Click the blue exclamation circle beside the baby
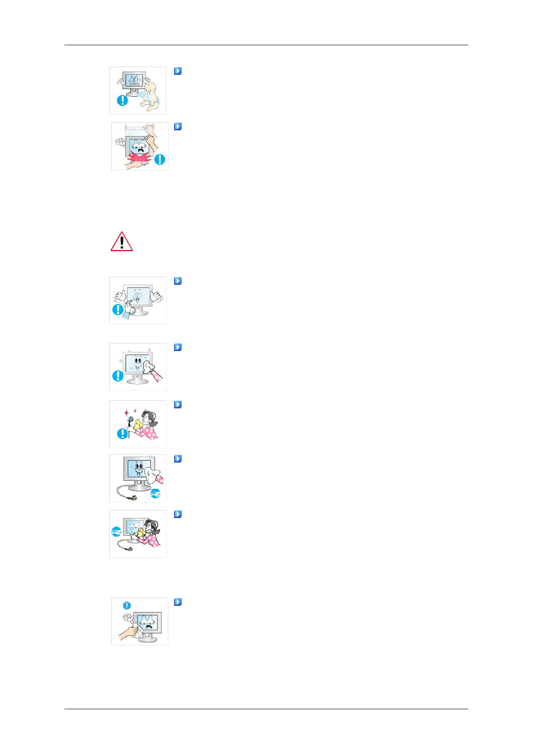122,100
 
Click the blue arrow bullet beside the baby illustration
178,71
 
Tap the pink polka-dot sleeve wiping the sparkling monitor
157,376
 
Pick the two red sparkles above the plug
131,411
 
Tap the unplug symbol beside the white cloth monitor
155,493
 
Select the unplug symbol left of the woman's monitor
116,532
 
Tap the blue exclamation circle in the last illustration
127,606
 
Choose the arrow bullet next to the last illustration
178,602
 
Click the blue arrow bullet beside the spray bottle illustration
178,281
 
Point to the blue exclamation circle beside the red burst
159,159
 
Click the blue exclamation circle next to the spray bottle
117,309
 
